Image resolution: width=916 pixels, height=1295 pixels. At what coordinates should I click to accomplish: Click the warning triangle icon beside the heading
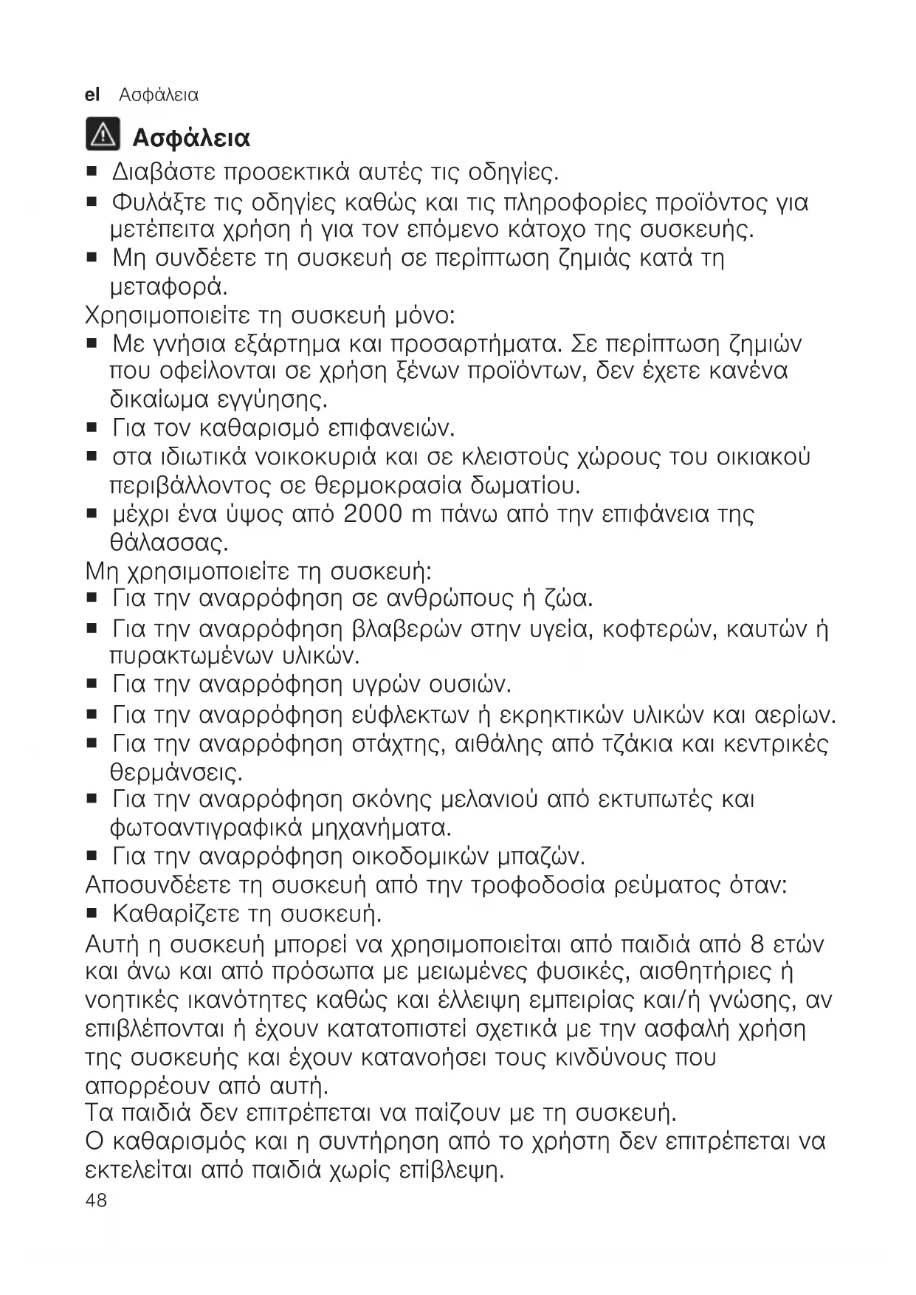coord(102,135)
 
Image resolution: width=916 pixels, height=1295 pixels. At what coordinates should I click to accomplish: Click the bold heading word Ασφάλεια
coord(191,138)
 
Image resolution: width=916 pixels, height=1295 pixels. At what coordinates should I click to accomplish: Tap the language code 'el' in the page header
coord(92,95)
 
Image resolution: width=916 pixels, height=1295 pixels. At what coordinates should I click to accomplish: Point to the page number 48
coord(96,1200)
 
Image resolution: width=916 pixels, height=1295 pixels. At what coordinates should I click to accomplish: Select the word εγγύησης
coord(273,401)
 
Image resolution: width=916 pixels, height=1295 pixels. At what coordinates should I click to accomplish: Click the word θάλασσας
coord(168,543)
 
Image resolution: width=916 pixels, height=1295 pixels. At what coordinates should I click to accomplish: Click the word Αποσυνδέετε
coord(159,885)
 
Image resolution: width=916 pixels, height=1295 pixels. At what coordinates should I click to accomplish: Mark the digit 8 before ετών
coord(757,944)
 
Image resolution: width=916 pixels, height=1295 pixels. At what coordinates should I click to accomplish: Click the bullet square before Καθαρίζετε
coord(92,914)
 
